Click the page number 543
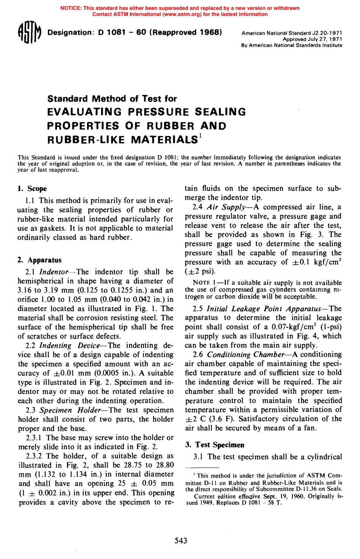pyautogui.click(x=181, y=540)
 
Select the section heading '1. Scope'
pyautogui.click(x=32, y=189)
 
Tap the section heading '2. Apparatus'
pyautogui.click(x=39, y=260)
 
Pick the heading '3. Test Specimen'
pyautogui.click(x=214, y=445)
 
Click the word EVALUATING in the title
pyautogui.click(x=85, y=112)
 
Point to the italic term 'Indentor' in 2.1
pyautogui.click(x=54, y=272)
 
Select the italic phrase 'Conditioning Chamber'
pyautogui.click(x=246, y=355)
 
